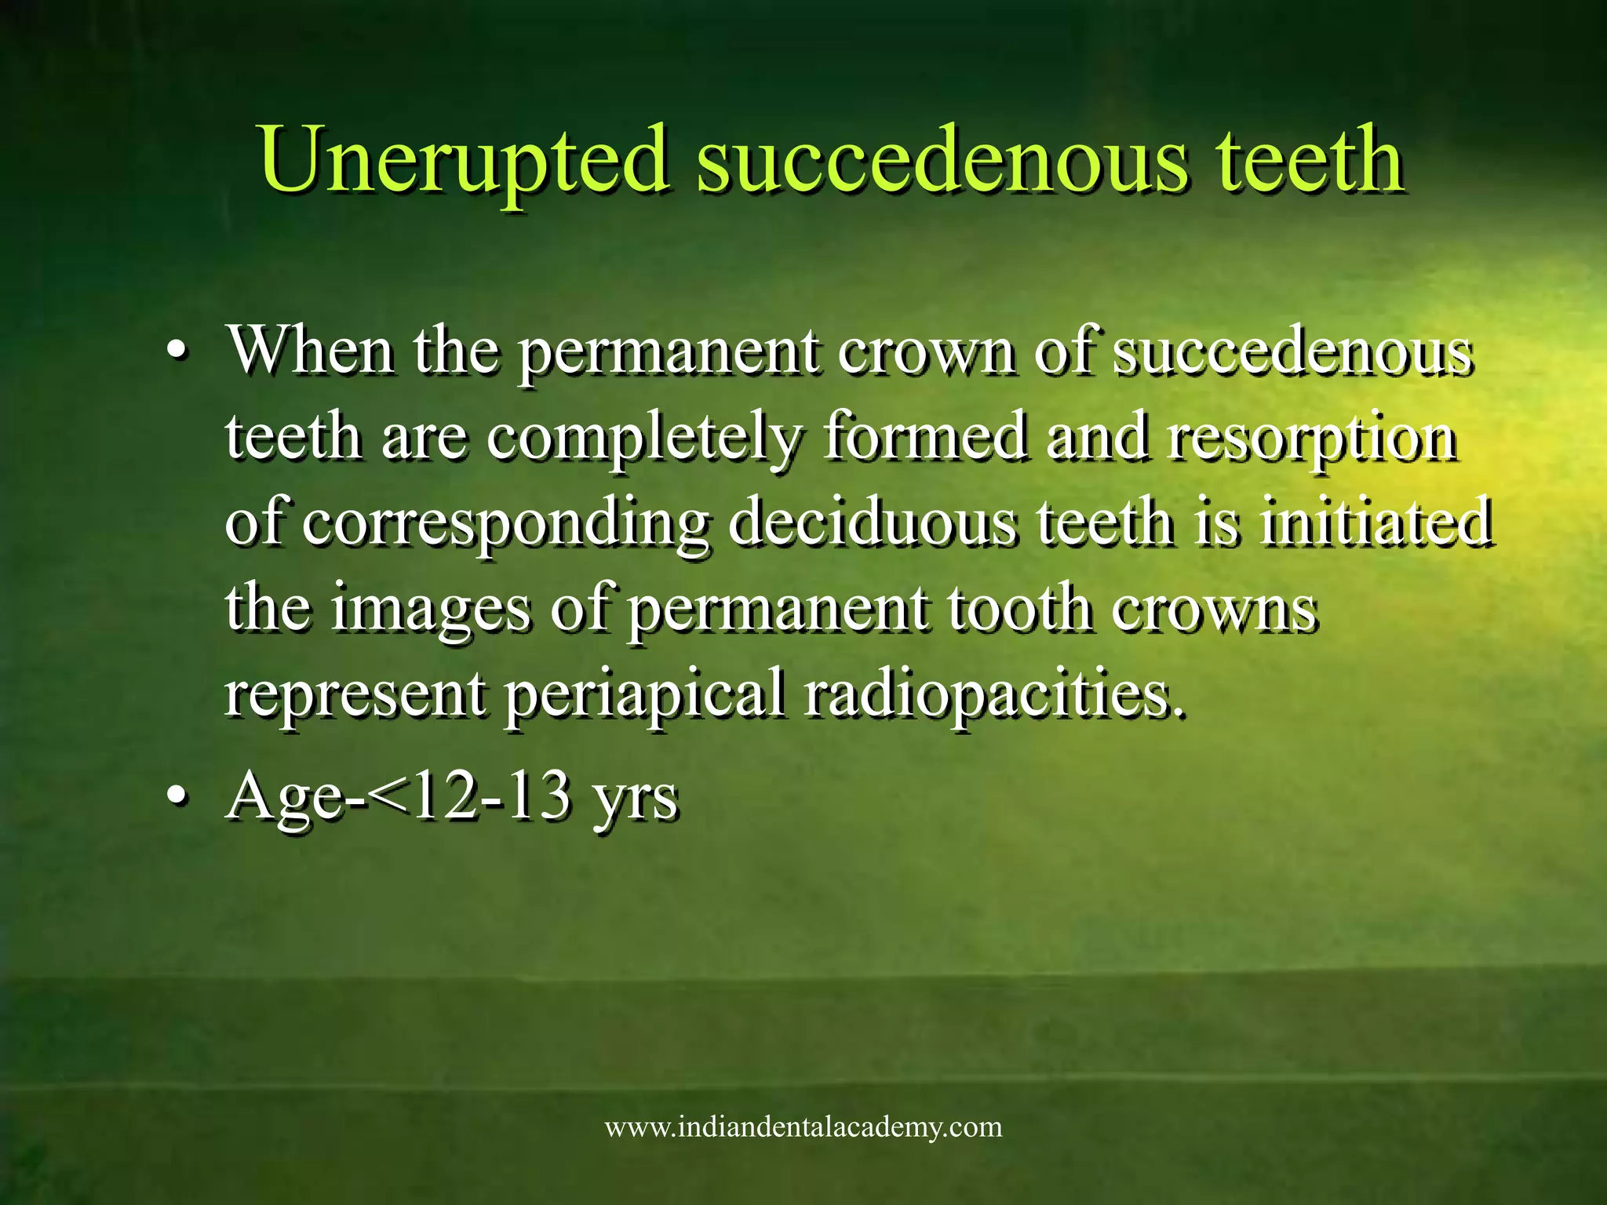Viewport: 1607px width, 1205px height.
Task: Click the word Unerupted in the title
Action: click(464, 161)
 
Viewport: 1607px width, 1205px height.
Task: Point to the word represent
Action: click(355, 694)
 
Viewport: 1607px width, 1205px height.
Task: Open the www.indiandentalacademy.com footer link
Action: click(803, 1127)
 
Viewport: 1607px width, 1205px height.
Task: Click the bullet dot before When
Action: click(178, 352)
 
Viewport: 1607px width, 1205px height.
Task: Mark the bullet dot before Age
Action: click(178, 798)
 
